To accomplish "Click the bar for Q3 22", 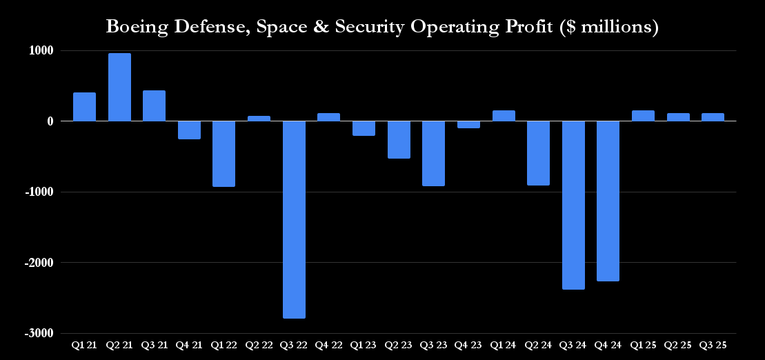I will (x=294, y=219).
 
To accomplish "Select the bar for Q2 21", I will (x=119, y=87).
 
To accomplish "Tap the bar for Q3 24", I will (x=573, y=205).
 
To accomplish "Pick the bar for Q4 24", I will (x=608, y=201).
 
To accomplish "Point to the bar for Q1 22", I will (x=223, y=154).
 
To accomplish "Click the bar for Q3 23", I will (x=433, y=153).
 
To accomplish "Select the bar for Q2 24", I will (x=538, y=153).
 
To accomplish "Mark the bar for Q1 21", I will (x=84, y=107).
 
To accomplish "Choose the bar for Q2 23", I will (x=399, y=139).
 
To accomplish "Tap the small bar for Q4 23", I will (x=468, y=125).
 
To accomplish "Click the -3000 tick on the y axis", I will (x=42, y=333).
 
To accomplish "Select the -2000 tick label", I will (x=42, y=263).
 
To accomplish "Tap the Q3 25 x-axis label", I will (x=713, y=343).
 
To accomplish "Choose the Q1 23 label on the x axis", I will (x=364, y=343).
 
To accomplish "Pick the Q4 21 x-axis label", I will (x=189, y=343).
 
